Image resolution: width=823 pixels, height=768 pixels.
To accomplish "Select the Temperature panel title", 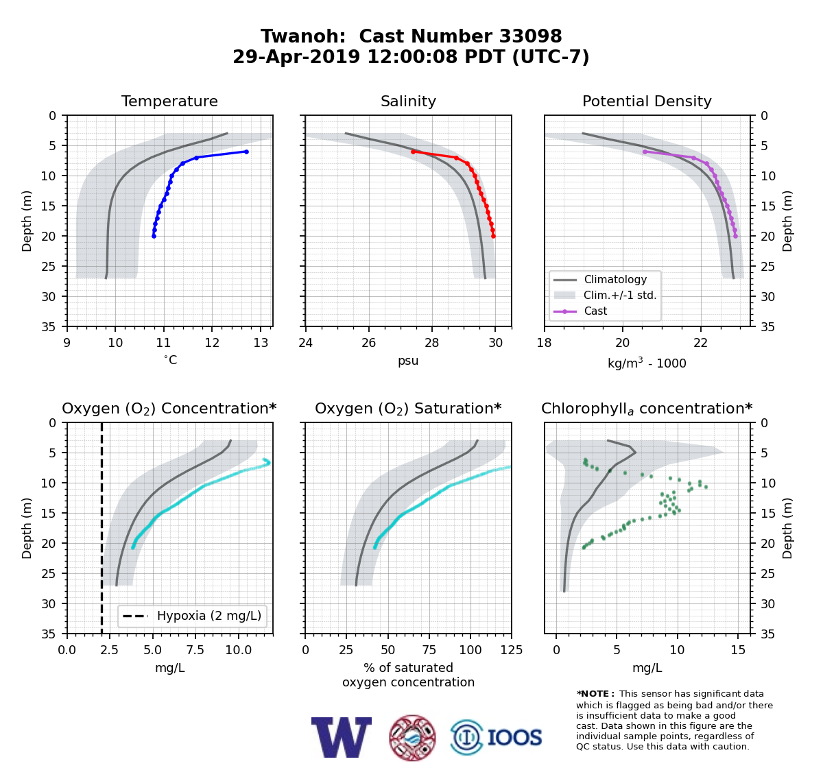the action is click(169, 101).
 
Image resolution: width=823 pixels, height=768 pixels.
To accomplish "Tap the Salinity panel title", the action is click(408, 101).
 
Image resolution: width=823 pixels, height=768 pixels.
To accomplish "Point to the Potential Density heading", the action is click(647, 101).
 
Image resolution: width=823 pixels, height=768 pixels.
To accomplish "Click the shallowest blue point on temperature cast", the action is click(246, 152).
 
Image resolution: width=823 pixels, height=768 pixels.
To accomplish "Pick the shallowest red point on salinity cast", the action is click(413, 152).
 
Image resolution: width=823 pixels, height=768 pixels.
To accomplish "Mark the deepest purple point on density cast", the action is click(736, 237).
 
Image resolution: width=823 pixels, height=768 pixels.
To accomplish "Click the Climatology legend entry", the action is click(600, 279).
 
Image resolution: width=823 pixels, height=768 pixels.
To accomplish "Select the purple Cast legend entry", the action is click(580, 311).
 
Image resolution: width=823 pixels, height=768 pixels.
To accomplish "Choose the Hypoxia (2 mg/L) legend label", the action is click(209, 616).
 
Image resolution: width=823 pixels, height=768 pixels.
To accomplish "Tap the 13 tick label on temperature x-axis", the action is click(261, 342).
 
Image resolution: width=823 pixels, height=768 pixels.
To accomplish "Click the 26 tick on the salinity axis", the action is click(368, 342).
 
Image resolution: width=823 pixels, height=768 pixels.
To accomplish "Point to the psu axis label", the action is click(408, 361).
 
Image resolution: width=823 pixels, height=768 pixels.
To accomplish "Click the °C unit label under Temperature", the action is click(170, 360).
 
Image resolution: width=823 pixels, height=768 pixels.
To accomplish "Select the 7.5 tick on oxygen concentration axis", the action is click(195, 649).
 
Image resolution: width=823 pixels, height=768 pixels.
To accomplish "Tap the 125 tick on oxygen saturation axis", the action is click(512, 649).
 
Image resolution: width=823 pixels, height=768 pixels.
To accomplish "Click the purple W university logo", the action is click(342, 737).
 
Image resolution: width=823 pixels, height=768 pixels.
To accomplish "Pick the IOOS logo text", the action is click(514, 737).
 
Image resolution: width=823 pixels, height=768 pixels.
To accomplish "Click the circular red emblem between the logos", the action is click(412, 738).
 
